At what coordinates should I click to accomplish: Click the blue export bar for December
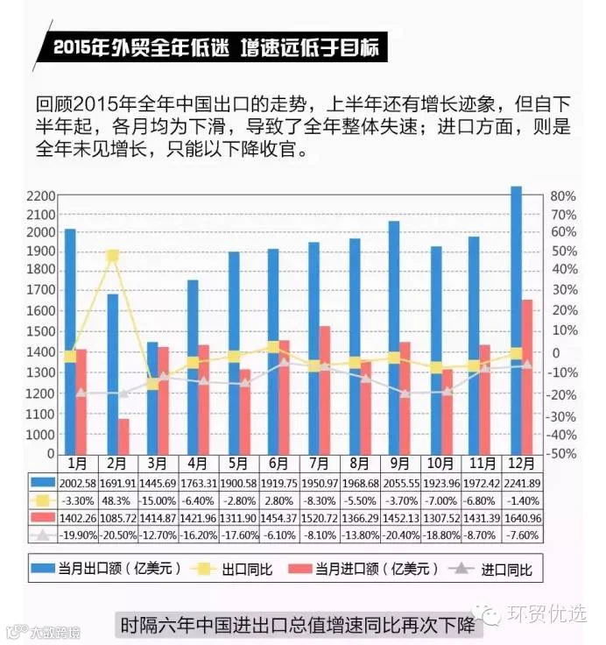(516, 321)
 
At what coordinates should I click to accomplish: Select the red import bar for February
(123, 436)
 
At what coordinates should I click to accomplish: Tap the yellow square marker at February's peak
(113, 256)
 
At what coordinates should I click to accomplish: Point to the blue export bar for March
(152, 398)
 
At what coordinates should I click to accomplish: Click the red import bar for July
(325, 390)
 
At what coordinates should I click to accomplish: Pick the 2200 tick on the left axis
(40, 196)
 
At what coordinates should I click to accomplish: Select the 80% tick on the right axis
(563, 196)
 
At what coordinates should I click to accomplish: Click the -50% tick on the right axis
(561, 454)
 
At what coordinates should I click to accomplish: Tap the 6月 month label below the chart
(278, 464)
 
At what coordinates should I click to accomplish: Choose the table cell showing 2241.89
(522, 484)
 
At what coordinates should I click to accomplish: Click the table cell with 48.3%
(116, 500)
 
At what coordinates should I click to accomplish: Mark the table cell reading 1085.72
(118, 518)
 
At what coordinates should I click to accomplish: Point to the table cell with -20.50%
(118, 535)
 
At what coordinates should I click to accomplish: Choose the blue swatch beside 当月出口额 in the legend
(43, 568)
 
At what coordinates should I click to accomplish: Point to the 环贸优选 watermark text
(546, 613)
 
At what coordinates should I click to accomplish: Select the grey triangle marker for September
(405, 393)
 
